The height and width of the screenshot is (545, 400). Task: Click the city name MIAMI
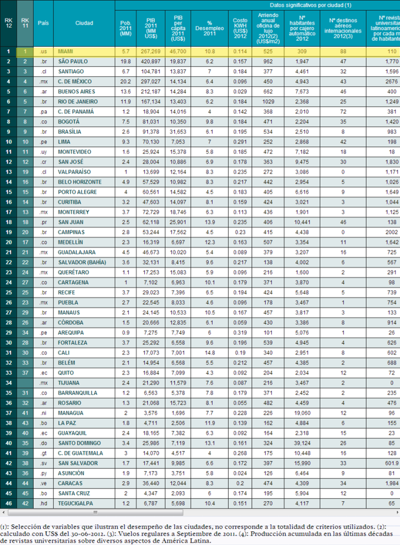(67, 51)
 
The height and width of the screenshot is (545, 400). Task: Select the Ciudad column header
(84, 23)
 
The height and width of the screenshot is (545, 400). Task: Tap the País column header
(44, 23)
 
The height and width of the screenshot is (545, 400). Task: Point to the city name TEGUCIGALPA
(76, 503)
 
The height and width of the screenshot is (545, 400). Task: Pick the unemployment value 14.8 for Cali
(209, 353)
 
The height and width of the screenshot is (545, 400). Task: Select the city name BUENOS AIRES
(76, 92)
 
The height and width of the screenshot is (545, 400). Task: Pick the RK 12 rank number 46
(8, 503)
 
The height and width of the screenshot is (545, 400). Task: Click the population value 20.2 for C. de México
(125, 82)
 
